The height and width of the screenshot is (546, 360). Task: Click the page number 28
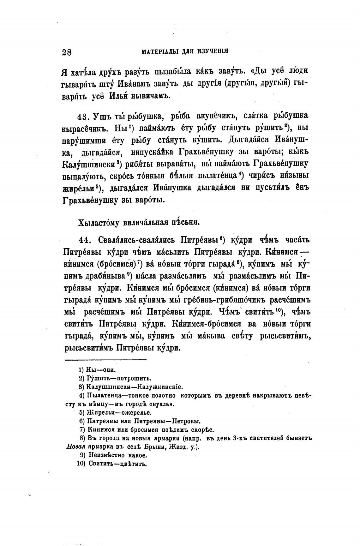coord(67,52)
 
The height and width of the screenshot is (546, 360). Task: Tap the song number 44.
coord(84,240)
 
